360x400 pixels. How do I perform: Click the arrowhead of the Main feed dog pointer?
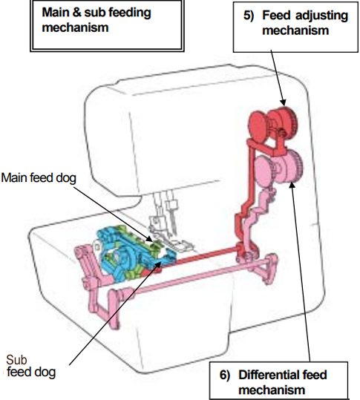[x=153, y=240]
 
